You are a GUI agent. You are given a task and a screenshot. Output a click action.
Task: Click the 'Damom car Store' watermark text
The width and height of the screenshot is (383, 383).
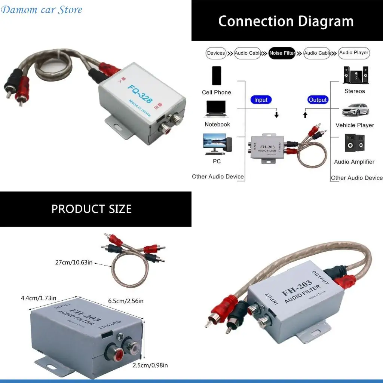42,10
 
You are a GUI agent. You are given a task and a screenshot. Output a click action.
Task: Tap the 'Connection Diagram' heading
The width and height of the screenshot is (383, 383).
286,21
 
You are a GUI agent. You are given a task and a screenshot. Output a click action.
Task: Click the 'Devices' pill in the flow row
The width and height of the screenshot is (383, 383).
216,53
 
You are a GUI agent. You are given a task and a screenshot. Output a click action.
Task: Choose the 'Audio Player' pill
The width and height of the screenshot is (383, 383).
354,53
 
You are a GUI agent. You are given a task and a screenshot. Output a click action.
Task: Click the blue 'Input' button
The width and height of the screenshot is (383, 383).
261,100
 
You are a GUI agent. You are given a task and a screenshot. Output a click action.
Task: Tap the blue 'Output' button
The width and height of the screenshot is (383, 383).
318,100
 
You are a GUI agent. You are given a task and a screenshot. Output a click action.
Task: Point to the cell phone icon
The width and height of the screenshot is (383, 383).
217,76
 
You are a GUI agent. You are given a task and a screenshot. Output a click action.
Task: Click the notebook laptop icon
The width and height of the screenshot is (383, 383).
217,109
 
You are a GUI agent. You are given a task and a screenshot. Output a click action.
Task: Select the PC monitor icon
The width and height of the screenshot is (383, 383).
217,144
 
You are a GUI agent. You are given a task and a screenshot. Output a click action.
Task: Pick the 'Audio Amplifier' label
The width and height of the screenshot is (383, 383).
354,162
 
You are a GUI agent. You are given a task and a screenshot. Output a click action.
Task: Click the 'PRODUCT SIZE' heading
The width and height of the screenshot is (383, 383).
92,209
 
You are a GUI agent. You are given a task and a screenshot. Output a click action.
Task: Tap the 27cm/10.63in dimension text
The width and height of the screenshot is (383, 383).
74,263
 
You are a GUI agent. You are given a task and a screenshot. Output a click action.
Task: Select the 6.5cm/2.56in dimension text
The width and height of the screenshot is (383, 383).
126,301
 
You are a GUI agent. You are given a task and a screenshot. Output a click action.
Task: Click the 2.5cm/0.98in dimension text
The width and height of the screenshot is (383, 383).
150,365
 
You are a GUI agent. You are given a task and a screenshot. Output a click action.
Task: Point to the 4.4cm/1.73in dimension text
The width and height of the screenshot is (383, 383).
39,298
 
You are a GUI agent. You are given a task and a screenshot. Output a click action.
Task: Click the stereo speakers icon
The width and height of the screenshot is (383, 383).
355,75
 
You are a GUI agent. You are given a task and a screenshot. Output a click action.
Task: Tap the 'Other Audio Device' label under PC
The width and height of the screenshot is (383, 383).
218,177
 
